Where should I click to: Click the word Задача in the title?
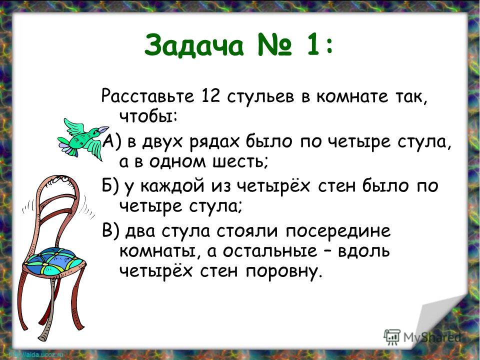pyautogui.click(x=194, y=46)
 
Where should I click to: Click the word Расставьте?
pyautogui.click(x=148, y=96)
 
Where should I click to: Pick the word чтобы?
pyautogui.click(x=147, y=116)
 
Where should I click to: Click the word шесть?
pyautogui.click(x=240, y=161)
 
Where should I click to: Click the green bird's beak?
pyautogui.click(x=103, y=129)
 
